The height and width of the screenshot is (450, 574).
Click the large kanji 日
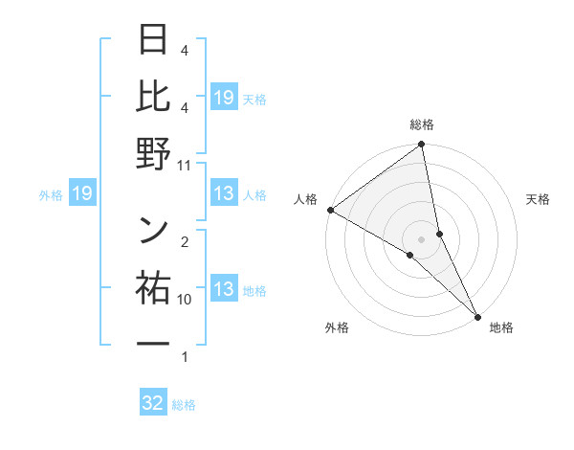[154, 40]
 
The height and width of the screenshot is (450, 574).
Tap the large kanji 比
[154, 97]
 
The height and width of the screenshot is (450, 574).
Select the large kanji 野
[154, 153]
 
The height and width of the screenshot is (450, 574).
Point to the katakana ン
[154, 230]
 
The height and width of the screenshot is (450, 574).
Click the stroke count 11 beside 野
[185, 165]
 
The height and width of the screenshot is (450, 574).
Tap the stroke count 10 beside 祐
[185, 299]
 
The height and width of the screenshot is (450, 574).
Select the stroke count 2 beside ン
[185, 241]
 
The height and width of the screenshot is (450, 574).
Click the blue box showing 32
[153, 403]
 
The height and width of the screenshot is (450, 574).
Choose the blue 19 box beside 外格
[82, 194]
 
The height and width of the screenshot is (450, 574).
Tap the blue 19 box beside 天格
[224, 98]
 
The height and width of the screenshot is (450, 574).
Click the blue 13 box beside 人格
[224, 194]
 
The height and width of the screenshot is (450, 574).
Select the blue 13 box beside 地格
[224, 290]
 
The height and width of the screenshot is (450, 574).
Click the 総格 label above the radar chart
[421, 124]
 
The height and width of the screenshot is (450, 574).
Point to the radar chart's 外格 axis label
[337, 327]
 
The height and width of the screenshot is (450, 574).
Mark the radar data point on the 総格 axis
[421, 146]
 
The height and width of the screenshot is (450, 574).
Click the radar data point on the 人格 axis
[330, 209]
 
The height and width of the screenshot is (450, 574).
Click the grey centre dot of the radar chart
[421, 238]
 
